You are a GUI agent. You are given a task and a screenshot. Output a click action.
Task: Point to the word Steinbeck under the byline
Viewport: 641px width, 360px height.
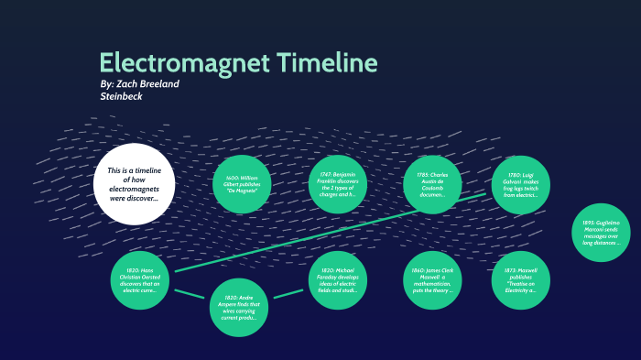122,95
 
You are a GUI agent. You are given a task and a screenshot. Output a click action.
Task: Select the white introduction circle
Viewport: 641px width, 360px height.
134,183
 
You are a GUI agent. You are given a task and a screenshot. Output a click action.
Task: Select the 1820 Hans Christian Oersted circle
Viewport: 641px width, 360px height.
140,278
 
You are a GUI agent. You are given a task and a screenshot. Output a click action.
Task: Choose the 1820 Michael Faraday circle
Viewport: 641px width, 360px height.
339,278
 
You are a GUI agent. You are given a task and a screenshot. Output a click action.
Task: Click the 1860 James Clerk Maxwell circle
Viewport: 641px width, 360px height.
433,278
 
